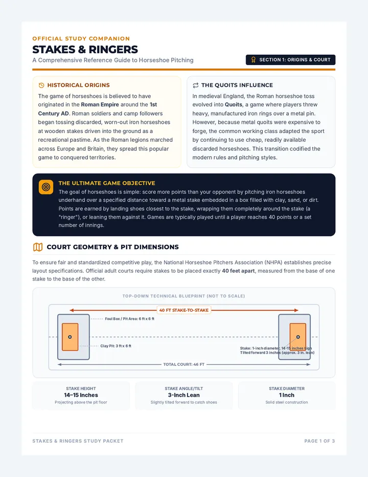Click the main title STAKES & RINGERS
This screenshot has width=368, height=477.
tap(85, 49)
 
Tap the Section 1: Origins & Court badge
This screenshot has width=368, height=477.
tap(290, 60)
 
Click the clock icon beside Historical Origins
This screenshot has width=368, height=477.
tap(41, 85)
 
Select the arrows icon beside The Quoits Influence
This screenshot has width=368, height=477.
tap(195, 85)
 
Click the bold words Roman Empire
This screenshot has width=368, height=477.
tap(100, 104)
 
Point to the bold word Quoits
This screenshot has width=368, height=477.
tap(234, 104)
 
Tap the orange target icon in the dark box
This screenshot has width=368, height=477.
tap(46, 187)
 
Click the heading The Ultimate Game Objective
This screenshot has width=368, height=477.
tap(107, 183)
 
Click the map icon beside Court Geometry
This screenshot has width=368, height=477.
tap(38, 247)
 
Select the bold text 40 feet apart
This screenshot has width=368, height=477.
tap(238, 271)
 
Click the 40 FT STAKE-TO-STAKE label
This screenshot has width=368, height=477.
tap(184, 310)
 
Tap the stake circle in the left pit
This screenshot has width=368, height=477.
tap(70, 337)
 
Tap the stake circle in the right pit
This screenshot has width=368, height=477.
tap(298, 337)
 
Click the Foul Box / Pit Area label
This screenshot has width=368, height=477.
tap(129, 319)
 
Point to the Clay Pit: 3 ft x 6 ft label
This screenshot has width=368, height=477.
tap(116, 346)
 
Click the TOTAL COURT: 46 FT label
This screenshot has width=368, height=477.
tap(184, 364)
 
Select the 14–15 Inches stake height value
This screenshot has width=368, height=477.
tap(81, 395)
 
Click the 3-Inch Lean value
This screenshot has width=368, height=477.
tap(184, 395)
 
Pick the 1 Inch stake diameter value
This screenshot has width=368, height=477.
tap(287, 395)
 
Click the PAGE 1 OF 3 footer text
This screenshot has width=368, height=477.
tap(319, 441)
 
